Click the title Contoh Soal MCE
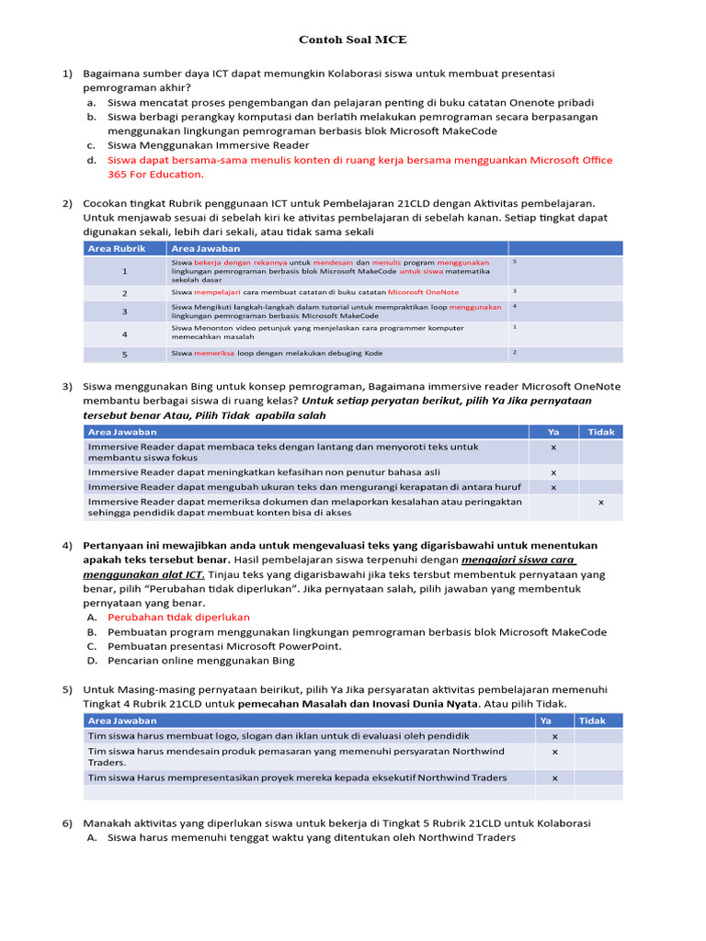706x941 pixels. point(352,40)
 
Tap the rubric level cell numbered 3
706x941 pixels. point(125,312)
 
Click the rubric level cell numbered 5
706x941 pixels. point(125,354)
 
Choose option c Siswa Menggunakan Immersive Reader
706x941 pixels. point(208,145)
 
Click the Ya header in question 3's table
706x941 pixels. point(553,432)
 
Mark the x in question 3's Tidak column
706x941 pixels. point(600,503)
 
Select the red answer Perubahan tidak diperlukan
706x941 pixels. point(178,617)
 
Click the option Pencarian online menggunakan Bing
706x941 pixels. point(200,660)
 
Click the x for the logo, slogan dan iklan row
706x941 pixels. point(554,736)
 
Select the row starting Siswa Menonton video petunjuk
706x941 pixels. point(316,332)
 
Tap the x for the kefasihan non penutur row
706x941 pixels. point(553,471)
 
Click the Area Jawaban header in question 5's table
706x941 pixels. point(122,720)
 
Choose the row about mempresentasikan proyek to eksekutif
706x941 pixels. point(297,777)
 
